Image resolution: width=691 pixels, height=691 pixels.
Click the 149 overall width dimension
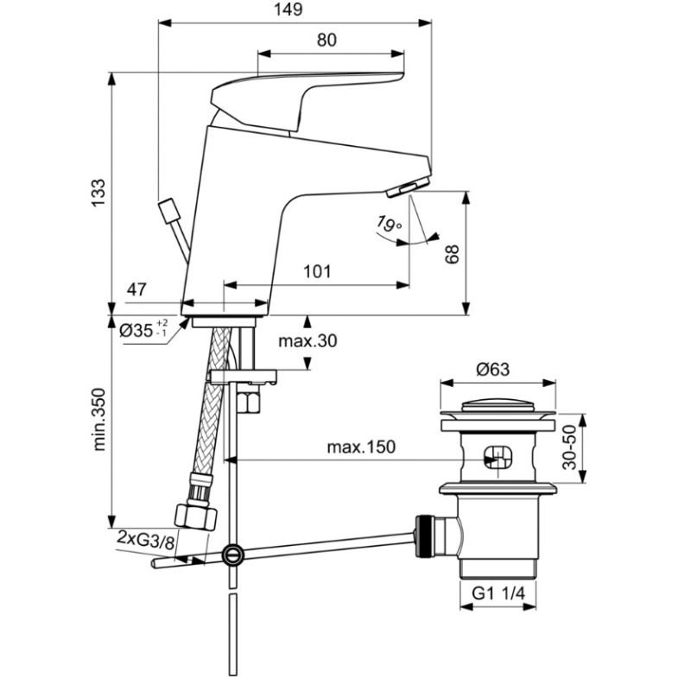(288, 10)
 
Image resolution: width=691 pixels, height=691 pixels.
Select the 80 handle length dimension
(326, 40)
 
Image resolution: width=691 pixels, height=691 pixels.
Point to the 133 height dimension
(98, 193)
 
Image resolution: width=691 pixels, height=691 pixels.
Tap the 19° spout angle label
(390, 224)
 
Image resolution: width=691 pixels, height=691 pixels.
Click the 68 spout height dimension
(452, 254)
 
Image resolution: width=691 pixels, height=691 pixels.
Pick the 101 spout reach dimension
(317, 271)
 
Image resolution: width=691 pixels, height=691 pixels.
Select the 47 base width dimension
(136, 289)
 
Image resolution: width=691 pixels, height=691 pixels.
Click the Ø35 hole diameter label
(143, 329)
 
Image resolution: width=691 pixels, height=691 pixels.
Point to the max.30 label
(307, 340)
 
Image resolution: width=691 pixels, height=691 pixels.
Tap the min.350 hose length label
(98, 419)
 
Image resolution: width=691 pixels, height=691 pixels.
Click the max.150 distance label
(361, 447)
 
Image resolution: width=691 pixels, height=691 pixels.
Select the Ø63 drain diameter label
(492, 369)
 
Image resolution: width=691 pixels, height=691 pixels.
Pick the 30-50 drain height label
(569, 447)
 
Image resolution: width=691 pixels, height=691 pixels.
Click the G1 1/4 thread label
(498, 593)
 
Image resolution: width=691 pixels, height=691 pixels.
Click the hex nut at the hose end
(196, 517)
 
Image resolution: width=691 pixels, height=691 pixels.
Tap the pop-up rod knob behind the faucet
(169, 211)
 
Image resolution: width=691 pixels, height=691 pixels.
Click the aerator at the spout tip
(409, 186)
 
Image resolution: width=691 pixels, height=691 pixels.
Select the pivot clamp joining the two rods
(232, 555)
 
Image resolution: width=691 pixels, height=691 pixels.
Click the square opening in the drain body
(498, 458)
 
